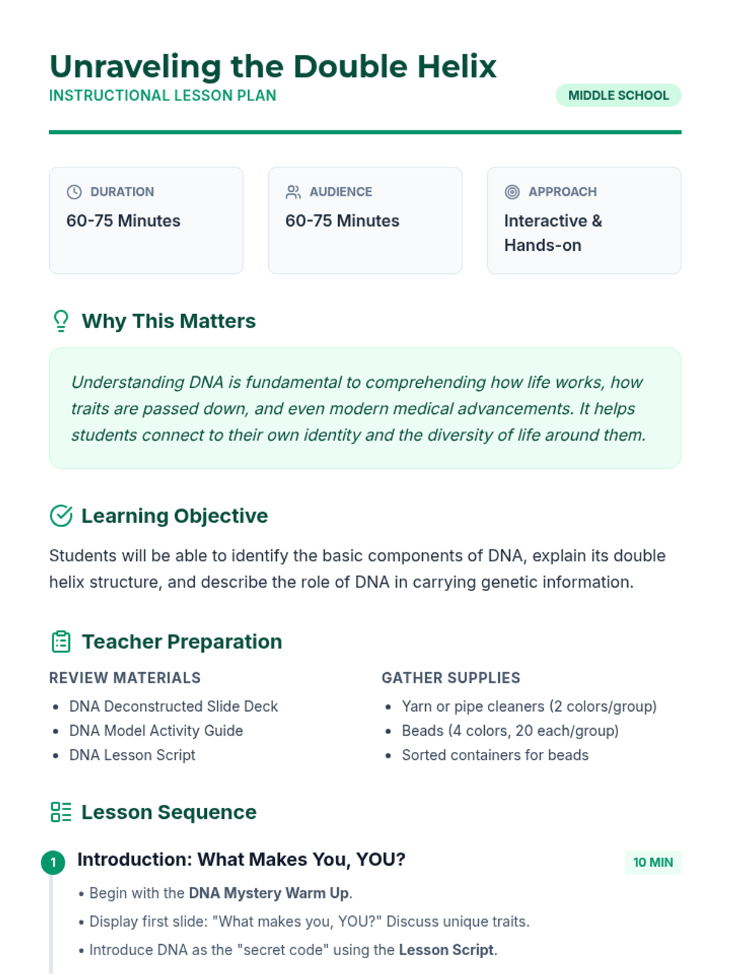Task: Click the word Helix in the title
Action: [x=456, y=66]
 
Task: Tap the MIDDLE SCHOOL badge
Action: [x=618, y=96]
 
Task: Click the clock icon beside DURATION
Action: [x=74, y=192]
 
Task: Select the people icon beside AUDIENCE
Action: [x=293, y=192]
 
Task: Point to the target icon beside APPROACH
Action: [x=512, y=192]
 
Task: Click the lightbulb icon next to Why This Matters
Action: [x=61, y=321]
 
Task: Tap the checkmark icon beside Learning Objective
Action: [x=61, y=516]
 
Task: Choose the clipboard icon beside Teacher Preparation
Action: [x=61, y=642]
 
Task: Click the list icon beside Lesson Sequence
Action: [x=61, y=812]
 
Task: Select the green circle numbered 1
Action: [x=53, y=862]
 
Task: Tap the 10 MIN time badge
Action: [x=653, y=863]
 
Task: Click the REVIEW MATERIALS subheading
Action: [x=125, y=678]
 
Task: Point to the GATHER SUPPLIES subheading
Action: [x=451, y=678]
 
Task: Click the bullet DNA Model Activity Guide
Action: [x=156, y=730]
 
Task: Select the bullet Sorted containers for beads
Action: [x=495, y=755]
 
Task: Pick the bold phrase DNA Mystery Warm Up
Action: [x=269, y=893]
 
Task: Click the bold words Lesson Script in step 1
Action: [x=446, y=950]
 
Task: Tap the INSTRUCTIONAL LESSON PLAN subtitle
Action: [x=162, y=96]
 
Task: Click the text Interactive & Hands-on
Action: [x=552, y=233]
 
